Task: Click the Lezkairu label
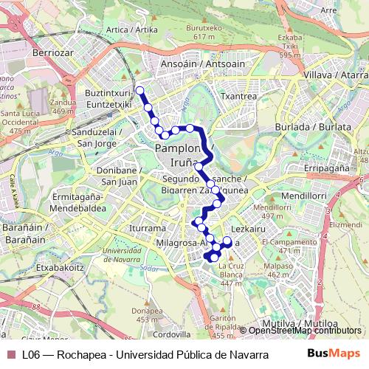(247, 230)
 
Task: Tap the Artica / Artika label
(132, 30)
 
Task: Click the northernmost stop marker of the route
(139, 91)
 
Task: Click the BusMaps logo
(334, 354)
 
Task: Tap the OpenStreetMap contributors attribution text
(305, 331)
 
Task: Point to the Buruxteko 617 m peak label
(209, 32)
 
